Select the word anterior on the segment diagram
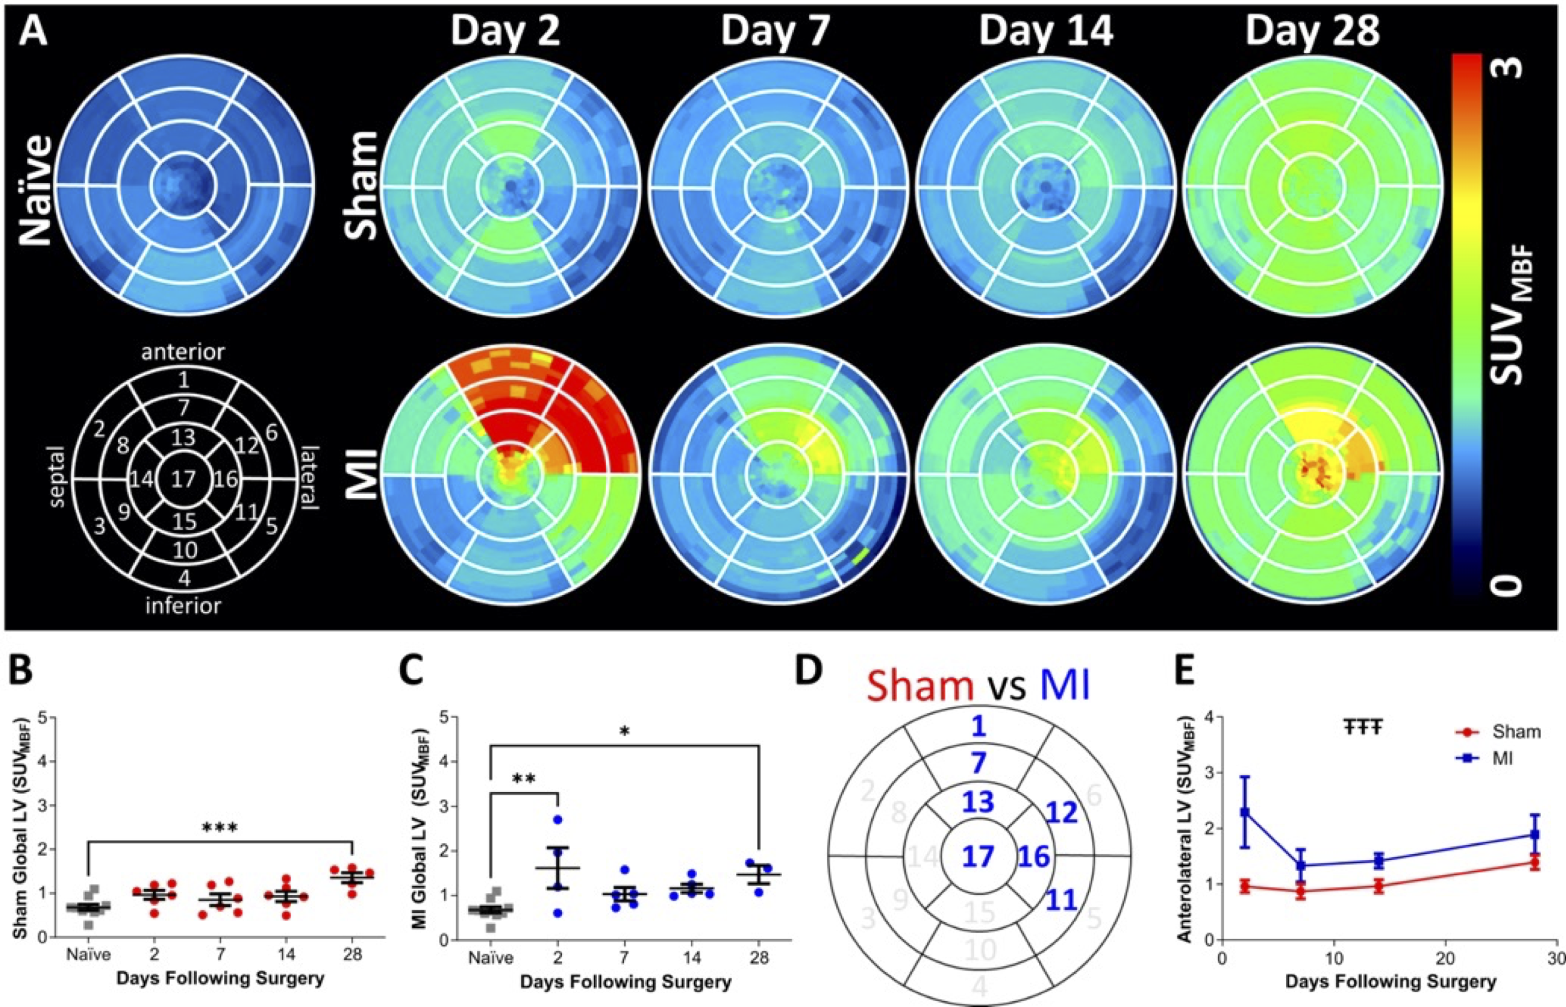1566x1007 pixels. coord(184,352)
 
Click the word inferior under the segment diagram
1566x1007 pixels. coord(184,606)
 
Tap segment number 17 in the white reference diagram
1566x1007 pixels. coord(184,480)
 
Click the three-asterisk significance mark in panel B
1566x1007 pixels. coord(219,828)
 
